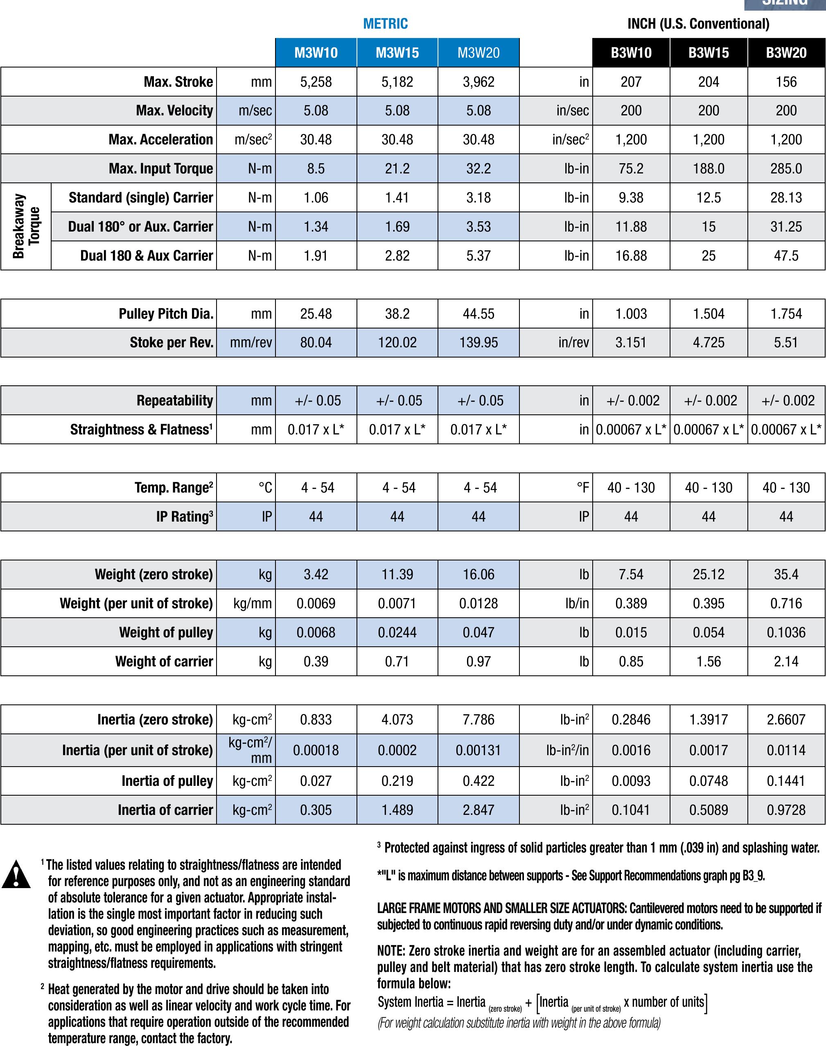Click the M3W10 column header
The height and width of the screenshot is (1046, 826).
click(x=316, y=53)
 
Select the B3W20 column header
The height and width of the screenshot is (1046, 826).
click(x=786, y=53)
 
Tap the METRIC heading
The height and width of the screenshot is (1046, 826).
click(x=386, y=24)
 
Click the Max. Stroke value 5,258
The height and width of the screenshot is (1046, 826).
click(x=316, y=82)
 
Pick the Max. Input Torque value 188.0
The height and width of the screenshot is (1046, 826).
click(x=709, y=169)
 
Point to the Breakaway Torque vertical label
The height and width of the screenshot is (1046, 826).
click(x=26, y=226)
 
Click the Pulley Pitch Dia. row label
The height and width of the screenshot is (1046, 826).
click(x=166, y=314)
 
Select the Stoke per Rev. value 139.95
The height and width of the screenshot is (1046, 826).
click(x=478, y=343)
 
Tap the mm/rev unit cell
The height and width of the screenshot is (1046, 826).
click(x=251, y=343)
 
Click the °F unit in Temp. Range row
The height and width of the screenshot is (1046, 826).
click(x=583, y=488)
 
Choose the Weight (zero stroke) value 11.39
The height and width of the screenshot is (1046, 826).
click(x=397, y=574)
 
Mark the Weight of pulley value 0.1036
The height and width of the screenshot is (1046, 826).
click(x=786, y=632)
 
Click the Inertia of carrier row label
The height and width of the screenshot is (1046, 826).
click(x=165, y=810)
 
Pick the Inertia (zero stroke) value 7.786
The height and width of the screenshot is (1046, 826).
click(x=478, y=720)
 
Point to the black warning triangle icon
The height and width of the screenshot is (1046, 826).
click(x=16, y=875)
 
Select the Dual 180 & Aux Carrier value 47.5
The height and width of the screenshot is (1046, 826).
click(x=786, y=256)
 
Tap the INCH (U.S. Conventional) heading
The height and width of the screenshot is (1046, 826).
click(x=698, y=24)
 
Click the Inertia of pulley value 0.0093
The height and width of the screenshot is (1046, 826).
click(x=631, y=781)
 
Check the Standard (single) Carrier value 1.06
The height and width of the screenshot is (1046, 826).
click(x=316, y=198)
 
